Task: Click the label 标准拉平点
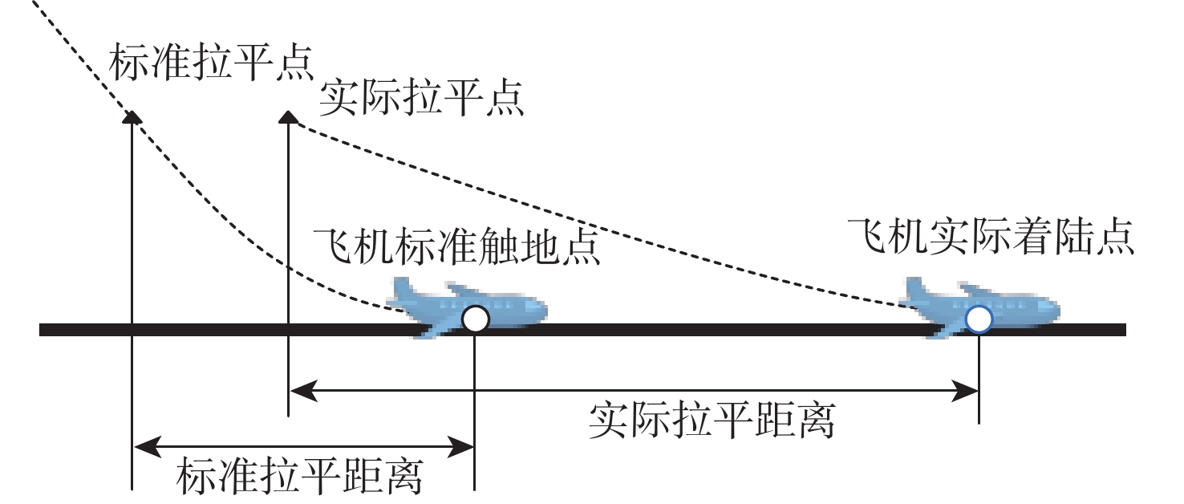[212, 63]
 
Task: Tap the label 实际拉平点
[421, 98]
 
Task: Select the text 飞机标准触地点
[456, 246]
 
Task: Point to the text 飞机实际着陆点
[991, 236]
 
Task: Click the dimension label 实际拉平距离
[712, 421]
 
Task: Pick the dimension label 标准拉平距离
[300, 477]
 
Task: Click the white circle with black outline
[475, 319]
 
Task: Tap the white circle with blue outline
[979, 319]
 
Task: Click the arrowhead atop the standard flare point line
[132, 117]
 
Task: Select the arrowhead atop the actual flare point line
[288, 117]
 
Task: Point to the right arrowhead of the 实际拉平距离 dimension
[965, 391]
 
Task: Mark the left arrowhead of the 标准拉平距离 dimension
[148, 447]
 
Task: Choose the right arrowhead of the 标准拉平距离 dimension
[460, 447]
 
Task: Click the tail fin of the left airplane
[403, 289]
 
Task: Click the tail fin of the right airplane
[916, 289]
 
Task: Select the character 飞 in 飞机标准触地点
[333, 246]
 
